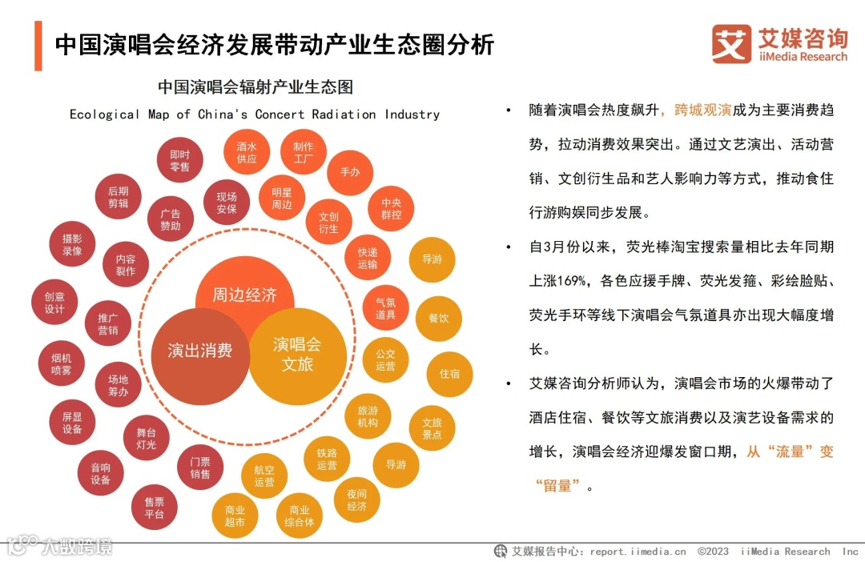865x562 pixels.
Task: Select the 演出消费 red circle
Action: tap(199, 351)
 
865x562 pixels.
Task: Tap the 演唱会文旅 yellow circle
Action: tap(297, 355)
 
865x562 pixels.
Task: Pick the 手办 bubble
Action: tap(350, 172)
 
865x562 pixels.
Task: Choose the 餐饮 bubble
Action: tap(437, 318)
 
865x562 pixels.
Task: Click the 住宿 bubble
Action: tap(449, 373)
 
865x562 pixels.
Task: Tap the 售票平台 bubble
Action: tap(155, 508)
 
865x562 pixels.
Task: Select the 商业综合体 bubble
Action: tap(299, 516)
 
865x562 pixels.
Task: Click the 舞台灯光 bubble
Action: tap(147, 438)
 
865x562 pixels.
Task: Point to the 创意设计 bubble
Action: tap(54, 302)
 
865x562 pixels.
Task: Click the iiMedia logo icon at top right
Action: tap(731, 44)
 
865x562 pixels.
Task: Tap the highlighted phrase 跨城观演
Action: tap(703, 110)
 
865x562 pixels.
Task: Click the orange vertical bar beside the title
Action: tap(38, 46)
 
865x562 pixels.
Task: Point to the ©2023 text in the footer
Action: tap(713, 552)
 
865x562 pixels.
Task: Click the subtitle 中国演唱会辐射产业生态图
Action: tap(255, 86)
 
